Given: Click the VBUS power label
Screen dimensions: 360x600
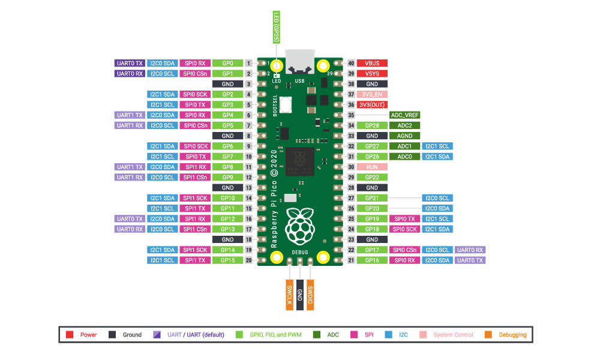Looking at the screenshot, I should click(x=372, y=63).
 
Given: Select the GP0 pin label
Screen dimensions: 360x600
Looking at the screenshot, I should click(x=227, y=63).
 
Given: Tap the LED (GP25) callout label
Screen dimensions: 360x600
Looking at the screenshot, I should click(x=277, y=28).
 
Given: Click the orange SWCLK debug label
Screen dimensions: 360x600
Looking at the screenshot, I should click(x=289, y=293).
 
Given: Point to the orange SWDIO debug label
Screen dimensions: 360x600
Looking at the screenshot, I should click(x=310, y=293).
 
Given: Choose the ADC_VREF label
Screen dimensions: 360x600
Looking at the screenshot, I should click(x=404, y=115).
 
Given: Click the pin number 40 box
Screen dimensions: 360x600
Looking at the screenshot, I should click(x=352, y=63).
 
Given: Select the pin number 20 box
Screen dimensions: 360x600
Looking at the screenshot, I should click(x=248, y=260).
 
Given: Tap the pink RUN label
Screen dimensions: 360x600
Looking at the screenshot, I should click(x=372, y=167).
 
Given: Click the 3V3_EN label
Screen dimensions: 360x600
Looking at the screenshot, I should click(x=372, y=94).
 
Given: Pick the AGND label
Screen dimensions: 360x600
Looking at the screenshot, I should click(x=404, y=136).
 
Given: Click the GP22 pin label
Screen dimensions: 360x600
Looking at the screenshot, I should click(x=372, y=177).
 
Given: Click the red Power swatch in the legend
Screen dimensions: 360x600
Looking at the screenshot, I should click(x=70, y=335).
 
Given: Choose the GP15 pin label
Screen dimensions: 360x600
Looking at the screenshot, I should click(x=227, y=260).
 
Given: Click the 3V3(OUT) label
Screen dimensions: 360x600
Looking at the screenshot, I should click(x=372, y=104).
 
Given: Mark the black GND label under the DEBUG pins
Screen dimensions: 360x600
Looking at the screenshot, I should click(x=299, y=293).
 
